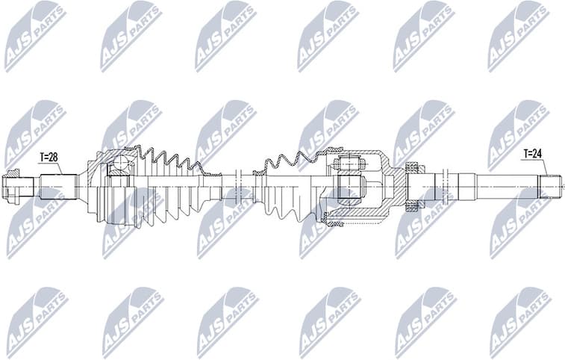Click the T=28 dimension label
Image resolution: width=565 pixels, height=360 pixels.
coord(48,158)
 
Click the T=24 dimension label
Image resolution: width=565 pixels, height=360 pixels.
coord(532,154)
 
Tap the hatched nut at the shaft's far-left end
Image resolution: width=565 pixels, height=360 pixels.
coord(13,186)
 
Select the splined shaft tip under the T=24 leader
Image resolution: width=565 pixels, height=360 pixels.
coord(551,186)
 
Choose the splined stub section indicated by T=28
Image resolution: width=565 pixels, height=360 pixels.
coord(58,186)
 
